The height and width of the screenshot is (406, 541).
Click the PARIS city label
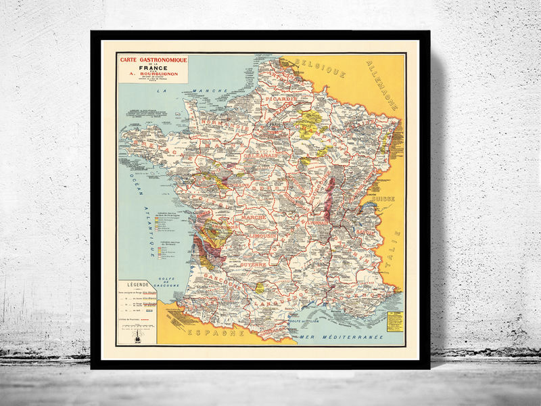click(x=275, y=125)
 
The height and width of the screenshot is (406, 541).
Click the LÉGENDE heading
click(x=137, y=286)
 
